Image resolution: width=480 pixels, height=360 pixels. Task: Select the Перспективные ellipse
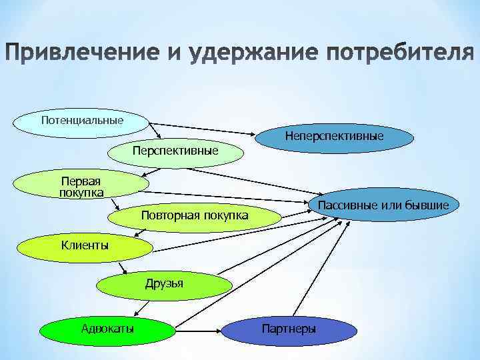[x=175, y=151]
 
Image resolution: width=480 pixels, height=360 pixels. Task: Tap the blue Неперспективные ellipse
[x=333, y=136]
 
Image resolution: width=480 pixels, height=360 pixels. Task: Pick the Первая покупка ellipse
[x=81, y=187]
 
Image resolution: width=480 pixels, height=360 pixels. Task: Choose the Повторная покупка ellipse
[x=194, y=215]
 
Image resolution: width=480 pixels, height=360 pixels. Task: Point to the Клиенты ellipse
[x=85, y=245]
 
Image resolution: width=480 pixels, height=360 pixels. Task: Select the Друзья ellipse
[x=163, y=285]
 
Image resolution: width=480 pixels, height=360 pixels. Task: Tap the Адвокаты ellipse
[x=107, y=329]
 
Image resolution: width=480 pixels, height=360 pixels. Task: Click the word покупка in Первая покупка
[x=81, y=193]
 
